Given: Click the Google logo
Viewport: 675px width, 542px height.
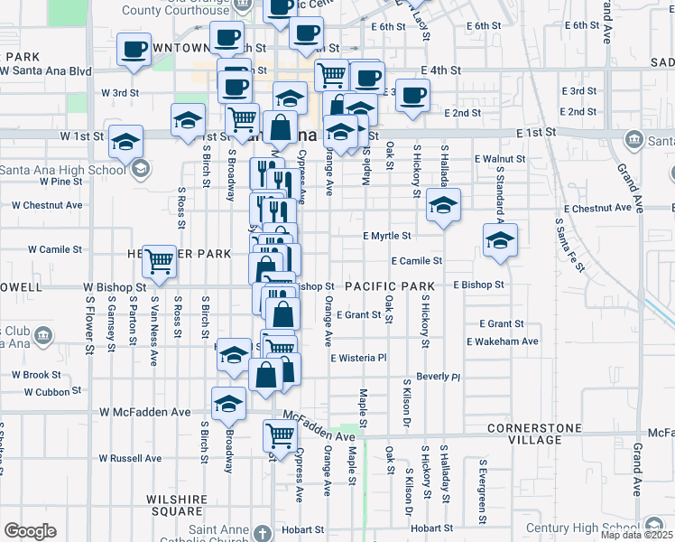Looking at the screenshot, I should pyautogui.click(x=30, y=531).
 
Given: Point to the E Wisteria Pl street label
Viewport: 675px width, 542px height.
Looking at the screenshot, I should pyautogui.click(x=358, y=358).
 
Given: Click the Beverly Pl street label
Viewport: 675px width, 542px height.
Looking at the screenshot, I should pyautogui.click(x=439, y=376).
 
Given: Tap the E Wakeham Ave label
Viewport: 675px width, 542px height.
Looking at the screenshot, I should pyautogui.click(x=503, y=341).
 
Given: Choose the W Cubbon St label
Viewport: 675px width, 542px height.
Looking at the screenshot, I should pyautogui.click(x=52, y=392).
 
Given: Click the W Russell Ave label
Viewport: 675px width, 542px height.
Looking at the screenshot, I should pyautogui.click(x=130, y=458).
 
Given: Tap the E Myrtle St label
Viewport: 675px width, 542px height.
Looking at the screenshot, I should pyautogui.click(x=387, y=236).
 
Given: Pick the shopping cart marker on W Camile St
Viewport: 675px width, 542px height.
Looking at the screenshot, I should pyautogui.click(x=160, y=261).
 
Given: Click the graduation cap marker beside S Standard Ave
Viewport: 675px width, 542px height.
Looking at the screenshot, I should pyautogui.click(x=500, y=240).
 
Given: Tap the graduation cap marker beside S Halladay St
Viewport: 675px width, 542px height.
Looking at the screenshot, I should pyautogui.click(x=443, y=205).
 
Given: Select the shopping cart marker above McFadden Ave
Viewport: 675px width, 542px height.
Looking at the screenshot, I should pyautogui.click(x=280, y=435).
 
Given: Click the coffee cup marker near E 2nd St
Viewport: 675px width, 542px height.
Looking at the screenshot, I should pyautogui.click(x=412, y=96).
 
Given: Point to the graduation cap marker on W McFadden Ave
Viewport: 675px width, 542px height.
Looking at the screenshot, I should pyautogui.click(x=229, y=404).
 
